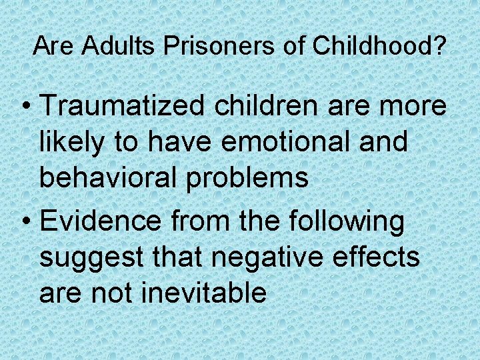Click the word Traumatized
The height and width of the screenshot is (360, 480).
click(123, 107)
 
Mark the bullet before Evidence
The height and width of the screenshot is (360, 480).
click(27, 222)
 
